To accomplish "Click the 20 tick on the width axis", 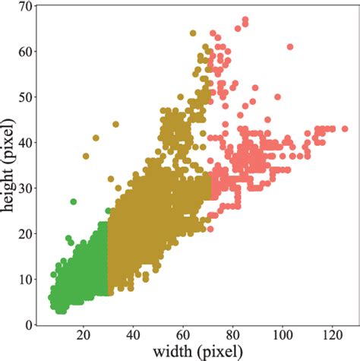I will point(84,335).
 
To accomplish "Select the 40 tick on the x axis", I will point(133,335).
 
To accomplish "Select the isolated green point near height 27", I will point(74,202).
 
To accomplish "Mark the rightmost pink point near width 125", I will point(345,129).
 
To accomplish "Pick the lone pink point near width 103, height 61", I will point(290,47).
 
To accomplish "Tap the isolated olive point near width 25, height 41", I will point(96,138).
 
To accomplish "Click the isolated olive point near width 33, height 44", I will point(115,125).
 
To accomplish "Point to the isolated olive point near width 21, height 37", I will point(86,157).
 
